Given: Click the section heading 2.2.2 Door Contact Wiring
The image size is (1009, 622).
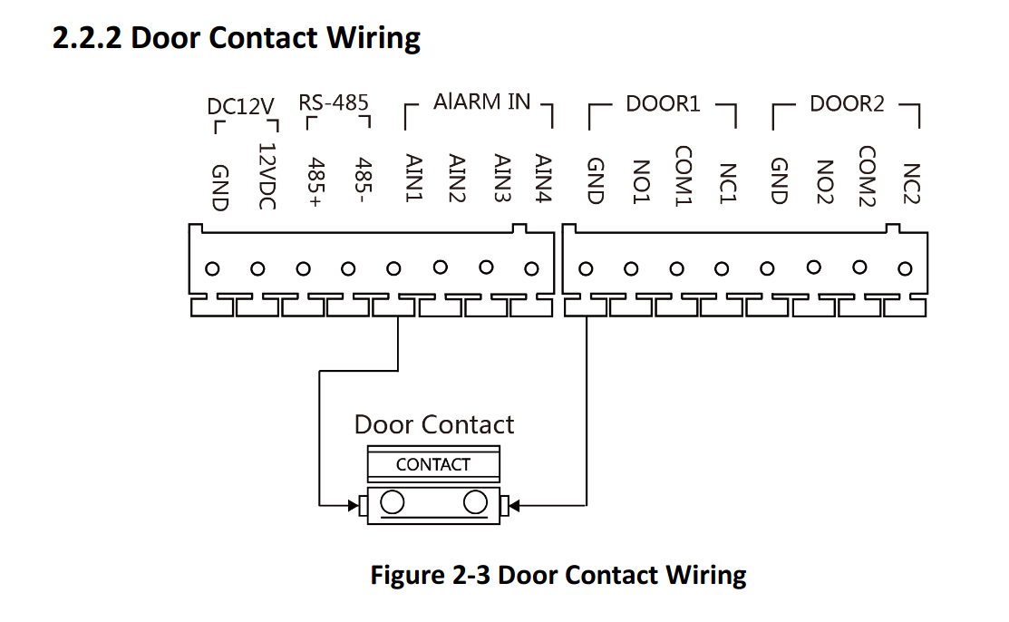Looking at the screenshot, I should [237, 38].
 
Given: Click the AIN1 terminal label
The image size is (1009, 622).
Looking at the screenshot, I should [407, 178].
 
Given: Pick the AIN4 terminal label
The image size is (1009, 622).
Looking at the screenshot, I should [542, 178].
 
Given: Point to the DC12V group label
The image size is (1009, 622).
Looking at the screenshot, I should [240, 107].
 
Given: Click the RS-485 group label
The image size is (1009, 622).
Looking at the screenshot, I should [334, 102].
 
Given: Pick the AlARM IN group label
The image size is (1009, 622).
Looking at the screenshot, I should [481, 102].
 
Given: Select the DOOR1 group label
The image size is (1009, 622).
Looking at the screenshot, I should [663, 103].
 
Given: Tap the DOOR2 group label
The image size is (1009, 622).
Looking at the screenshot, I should [847, 103].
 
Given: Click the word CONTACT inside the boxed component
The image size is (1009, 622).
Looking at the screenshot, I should [433, 464].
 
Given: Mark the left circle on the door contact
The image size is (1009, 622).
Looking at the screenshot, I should [393, 501].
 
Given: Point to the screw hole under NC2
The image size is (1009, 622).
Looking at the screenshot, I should [905, 268].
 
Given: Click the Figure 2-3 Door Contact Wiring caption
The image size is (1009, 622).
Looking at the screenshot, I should [558, 575].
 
